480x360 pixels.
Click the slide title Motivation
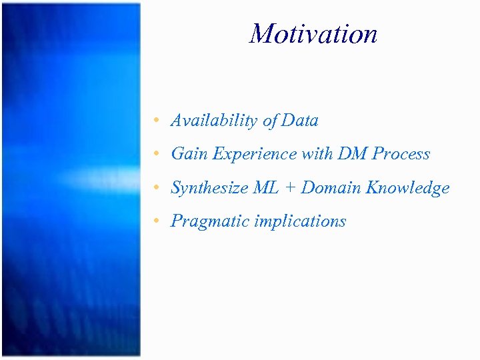(x=313, y=33)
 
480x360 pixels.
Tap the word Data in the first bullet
(x=300, y=121)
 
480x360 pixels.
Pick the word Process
(x=401, y=154)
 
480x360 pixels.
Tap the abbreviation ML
(x=266, y=188)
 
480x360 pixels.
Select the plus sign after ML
(x=291, y=189)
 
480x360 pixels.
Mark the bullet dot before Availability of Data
(x=155, y=121)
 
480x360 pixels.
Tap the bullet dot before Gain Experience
(x=155, y=155)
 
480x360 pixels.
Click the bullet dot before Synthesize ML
(x=155, y=189)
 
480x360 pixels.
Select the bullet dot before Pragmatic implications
(x=155, y=222)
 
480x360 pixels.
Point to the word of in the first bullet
(x=270, y=121)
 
